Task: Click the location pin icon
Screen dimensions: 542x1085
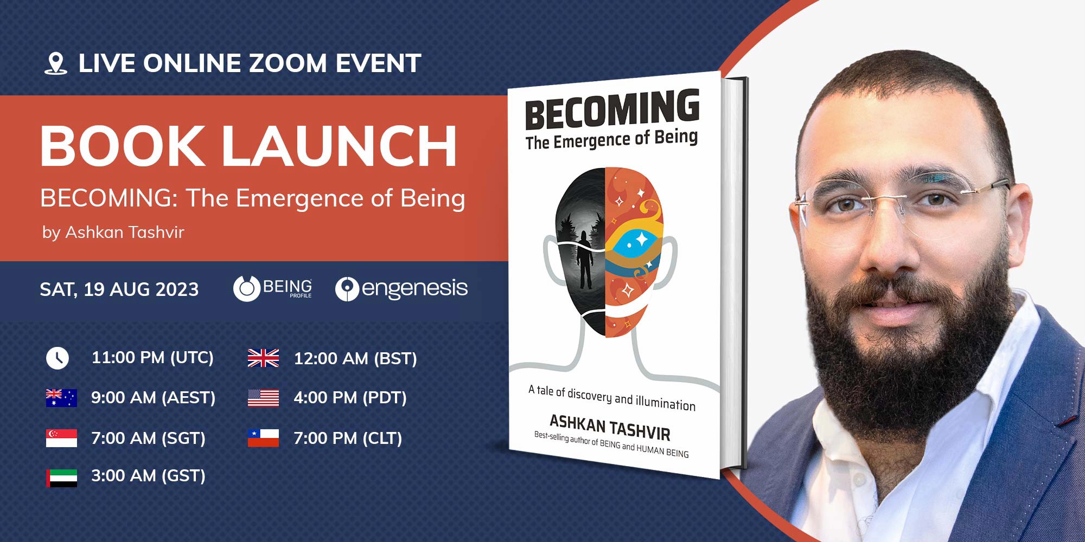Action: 55,63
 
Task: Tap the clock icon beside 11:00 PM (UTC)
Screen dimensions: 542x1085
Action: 58,358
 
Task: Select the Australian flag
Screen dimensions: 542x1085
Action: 61,398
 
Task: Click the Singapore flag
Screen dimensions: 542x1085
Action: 61,438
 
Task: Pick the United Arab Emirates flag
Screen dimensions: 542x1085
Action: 61,478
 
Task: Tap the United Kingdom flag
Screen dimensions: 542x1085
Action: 263,358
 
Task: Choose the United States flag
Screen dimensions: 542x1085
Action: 263,398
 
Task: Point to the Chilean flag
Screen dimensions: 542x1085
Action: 263,438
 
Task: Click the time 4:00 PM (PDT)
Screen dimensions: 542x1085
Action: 350,398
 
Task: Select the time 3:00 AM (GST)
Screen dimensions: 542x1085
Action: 148,476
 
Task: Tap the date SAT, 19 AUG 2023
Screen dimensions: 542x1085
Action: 119,289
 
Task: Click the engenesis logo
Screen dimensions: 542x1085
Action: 401,288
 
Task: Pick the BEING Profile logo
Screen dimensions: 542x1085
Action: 273,288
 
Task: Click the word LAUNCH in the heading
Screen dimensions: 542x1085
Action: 340,146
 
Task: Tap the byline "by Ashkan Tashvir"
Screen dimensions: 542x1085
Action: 113,233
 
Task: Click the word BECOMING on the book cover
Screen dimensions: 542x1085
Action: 612,110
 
